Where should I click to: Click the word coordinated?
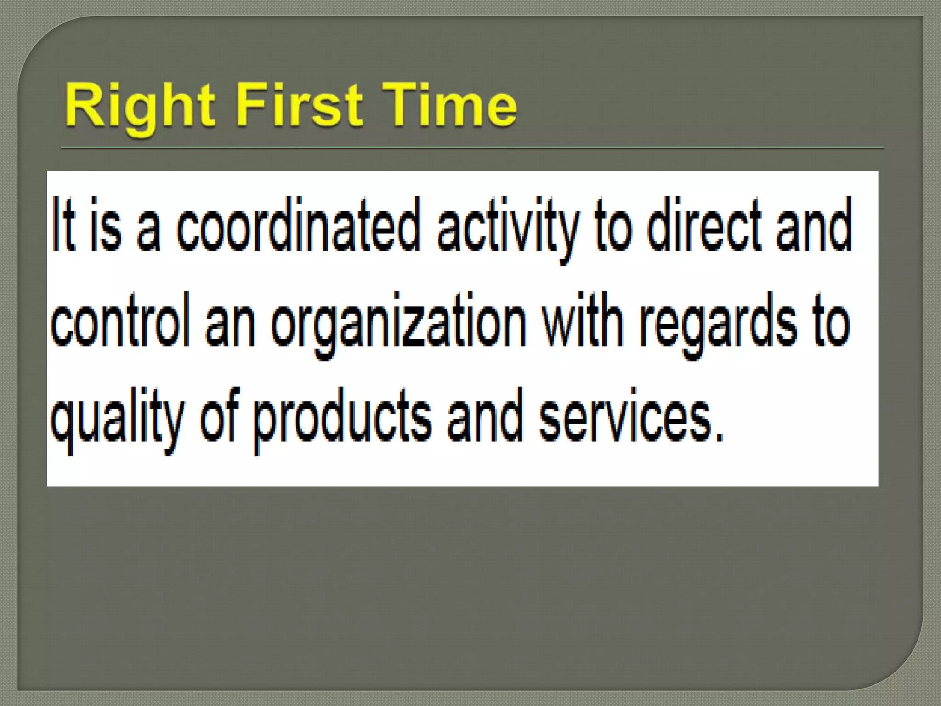tap(299, 225)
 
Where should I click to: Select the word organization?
tap(398, 322)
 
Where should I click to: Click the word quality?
tap(118, 418)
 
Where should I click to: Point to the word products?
tap(342, 418)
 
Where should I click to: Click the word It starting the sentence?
tap(63, 225)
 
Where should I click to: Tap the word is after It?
tap(106, 225)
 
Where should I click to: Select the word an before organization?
tap(230, 322)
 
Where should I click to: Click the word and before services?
tap(485, 416)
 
